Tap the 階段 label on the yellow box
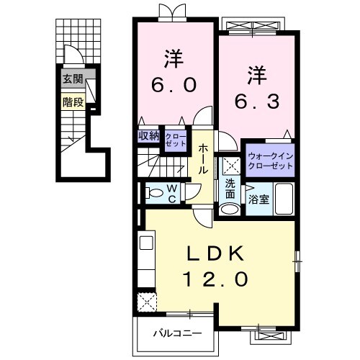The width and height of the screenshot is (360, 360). coord(72,102)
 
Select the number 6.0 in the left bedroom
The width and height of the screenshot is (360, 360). coord(174,85)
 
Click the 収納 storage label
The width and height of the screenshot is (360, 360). coord(148,135)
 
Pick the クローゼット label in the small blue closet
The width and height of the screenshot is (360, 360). coord(174,139)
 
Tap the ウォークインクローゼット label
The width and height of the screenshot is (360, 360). coord(270,161)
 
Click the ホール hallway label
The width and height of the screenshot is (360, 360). coord(204,160)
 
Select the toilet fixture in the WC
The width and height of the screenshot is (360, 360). coord(153,192)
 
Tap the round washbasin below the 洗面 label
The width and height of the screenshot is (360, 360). coord(230,210)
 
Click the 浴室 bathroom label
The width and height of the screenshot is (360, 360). coord(260,199)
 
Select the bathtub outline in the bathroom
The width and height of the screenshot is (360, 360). coord(283,199)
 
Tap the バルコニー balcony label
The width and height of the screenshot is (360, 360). coord(176,333)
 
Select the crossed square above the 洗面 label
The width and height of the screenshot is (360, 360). coord(230,165)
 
